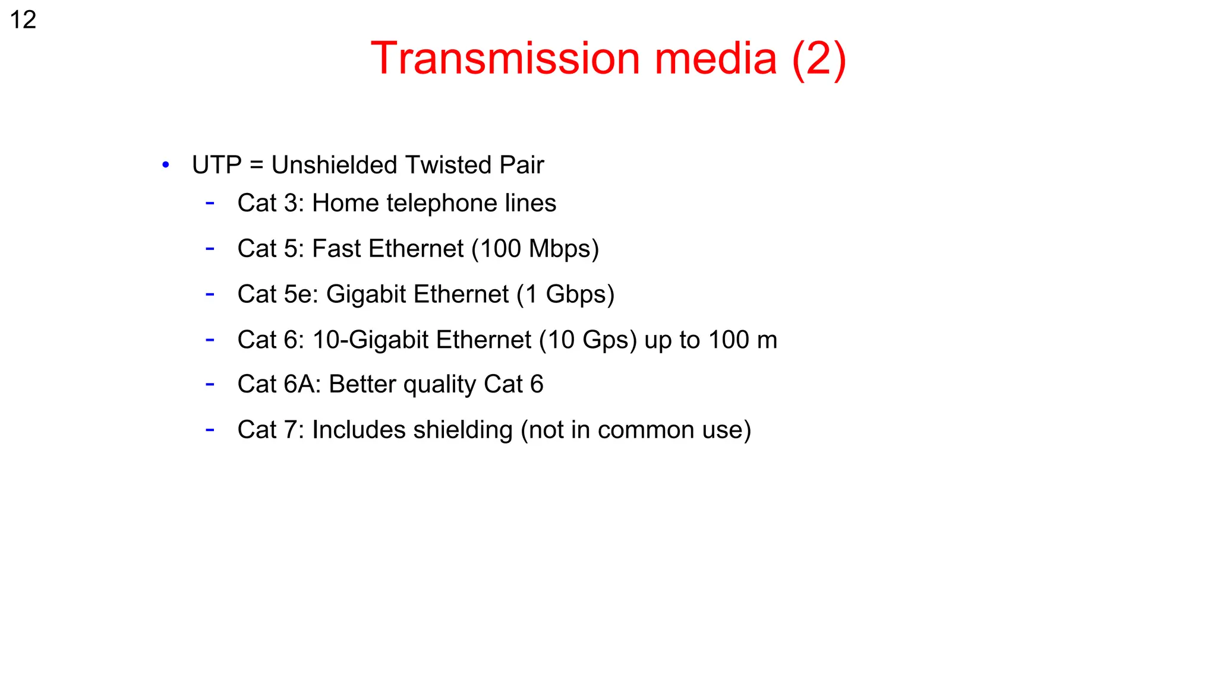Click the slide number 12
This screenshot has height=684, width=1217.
23,20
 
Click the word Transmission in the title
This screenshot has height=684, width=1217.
505,59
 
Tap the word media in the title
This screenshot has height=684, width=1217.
715,59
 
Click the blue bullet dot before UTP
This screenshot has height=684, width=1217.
166,165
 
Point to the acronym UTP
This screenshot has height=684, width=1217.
217,165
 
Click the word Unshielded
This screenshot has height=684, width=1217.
334,165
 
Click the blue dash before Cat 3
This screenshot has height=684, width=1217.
210,203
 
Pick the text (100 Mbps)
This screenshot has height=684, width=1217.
535,249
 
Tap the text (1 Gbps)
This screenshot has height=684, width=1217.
565,294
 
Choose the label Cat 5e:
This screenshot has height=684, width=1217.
278,294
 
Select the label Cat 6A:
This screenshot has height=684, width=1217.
279,384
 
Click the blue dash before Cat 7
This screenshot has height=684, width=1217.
210,429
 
